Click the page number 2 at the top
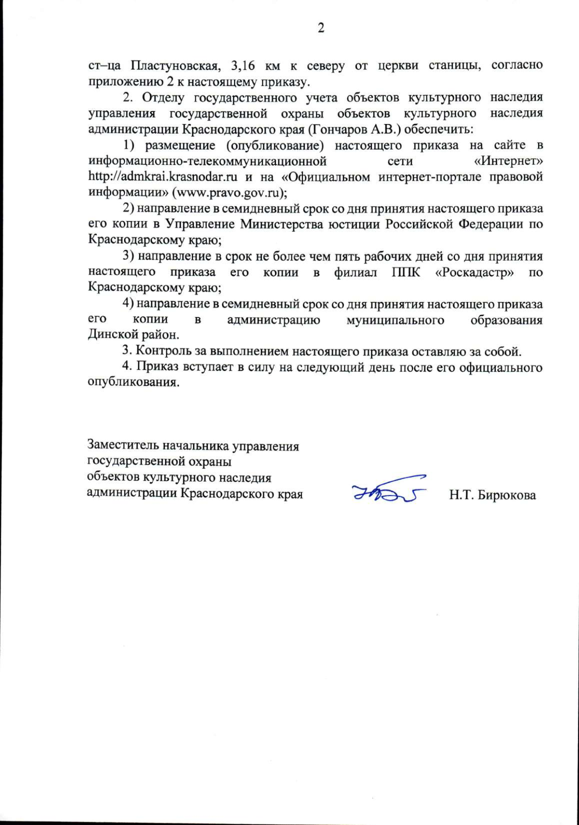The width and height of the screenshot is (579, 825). click(321, 28)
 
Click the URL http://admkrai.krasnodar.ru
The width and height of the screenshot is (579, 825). click(163, 177)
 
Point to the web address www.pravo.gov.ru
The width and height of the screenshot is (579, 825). click(230, 192)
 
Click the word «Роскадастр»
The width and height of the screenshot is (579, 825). click(474, 272)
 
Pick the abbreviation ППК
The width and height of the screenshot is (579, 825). click(406, 272)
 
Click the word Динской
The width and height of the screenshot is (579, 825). click(111, 335)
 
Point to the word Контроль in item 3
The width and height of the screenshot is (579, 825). click(159, 351)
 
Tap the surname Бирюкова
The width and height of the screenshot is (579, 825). click(506, 495)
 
